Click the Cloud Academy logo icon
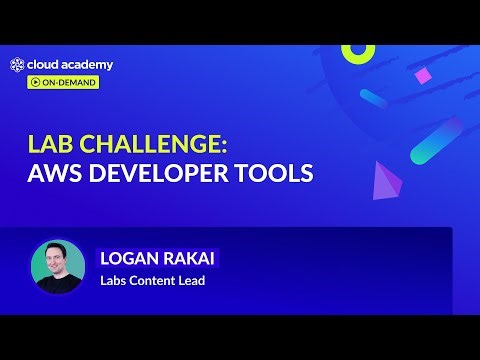[18, 65]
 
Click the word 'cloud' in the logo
[44, 65]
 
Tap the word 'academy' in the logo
[88, 65]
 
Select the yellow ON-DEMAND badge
[63, 82]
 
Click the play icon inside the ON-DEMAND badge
[35, 82]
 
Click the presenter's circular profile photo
[58, 265]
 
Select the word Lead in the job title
[191, 281]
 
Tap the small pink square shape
[423, 76]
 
